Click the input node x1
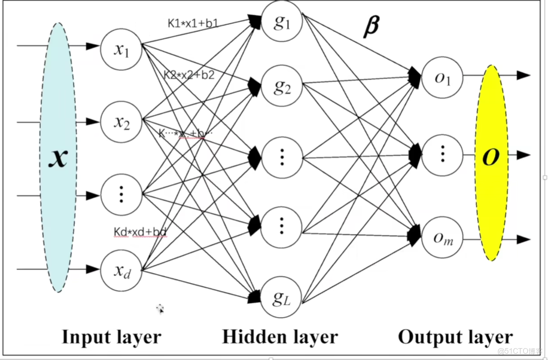point(121,50)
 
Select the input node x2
point(121,122)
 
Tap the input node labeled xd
point(121,270)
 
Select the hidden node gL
point(282,298)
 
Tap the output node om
point(442,239)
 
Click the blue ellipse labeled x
point(58,157)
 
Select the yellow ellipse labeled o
point(491,162)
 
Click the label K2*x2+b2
point(189,74)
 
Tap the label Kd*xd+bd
point(140,231)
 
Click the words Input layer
point(112,337)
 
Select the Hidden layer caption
point(280,337)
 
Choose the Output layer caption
point(455,337)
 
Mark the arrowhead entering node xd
point(93,269)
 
